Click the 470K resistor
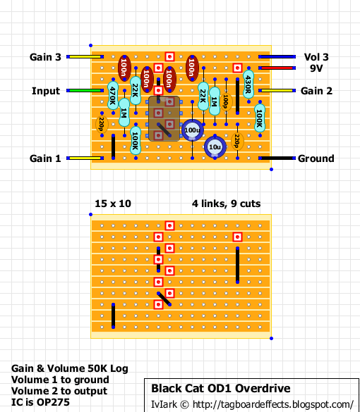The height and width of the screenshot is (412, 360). click(x=113, y=96)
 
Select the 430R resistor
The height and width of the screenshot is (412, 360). click(x=248, y=85)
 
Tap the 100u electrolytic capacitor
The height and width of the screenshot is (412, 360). click(x=192, y=130)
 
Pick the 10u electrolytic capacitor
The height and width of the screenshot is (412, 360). click(x=215, y=146)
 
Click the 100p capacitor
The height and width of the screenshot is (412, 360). click(x=226, y=101)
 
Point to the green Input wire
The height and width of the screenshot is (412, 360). click(x=85, y=91)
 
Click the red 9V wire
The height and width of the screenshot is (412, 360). click(x=277, y=68)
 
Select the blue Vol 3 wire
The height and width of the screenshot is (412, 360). click(x=277, y=57)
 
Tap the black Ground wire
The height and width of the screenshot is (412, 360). click(x=277, y=158)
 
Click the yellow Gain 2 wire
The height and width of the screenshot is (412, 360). click(x=277, y=91)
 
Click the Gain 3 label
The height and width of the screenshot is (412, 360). click(x=45, y=57)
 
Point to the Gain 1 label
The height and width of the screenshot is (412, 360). click(x=45, y=158)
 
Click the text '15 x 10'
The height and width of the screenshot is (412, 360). click(x=113, y=204)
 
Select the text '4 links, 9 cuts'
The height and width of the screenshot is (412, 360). click(x=226, y=204)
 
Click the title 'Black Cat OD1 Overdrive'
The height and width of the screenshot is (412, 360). click(x=221, y=388)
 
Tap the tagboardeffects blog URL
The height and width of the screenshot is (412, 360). click(x=273, y=404)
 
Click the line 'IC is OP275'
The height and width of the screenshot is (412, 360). click(x=40, y=402)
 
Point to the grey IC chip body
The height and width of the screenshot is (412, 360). click(x=164, y=118)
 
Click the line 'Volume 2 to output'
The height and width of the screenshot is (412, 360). click(x=59, y=391)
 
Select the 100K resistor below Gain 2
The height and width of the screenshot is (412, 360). click(x=260, y=118)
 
